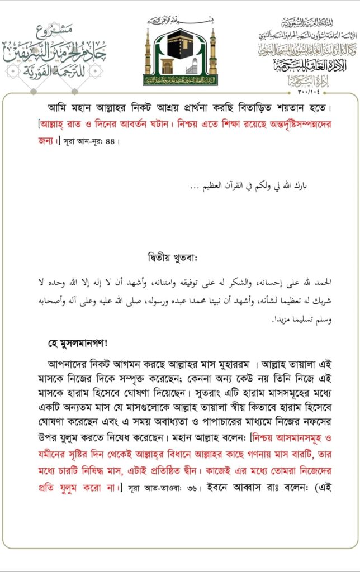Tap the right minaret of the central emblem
(212, 53)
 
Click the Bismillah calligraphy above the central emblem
(180, 21)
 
